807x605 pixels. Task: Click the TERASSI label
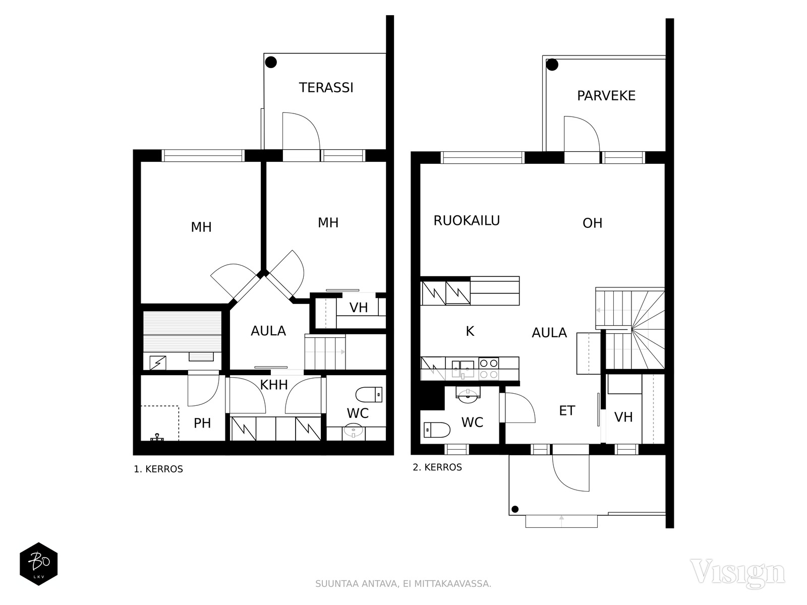point(326,88)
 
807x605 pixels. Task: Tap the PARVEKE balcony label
point(606,96)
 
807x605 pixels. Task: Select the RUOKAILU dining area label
point(467,221)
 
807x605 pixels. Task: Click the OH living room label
point(592,223)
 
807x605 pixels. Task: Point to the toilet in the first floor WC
point(369,394)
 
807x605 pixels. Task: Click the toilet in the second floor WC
point(437,430)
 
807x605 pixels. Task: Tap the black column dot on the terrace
point(271,63)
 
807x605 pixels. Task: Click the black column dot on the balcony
point(552,65)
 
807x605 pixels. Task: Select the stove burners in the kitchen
point(488,369)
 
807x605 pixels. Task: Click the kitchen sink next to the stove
point(463,368)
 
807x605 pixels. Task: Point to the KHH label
point(274,385)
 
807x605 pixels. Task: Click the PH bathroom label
point(202,423)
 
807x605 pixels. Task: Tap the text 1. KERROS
point(158,469)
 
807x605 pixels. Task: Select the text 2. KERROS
point(437,467)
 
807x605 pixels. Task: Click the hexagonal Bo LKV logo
point(39,564)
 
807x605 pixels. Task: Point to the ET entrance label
point(567,411)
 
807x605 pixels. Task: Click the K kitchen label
point(470,331)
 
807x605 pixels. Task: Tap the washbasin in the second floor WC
point(469,395)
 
